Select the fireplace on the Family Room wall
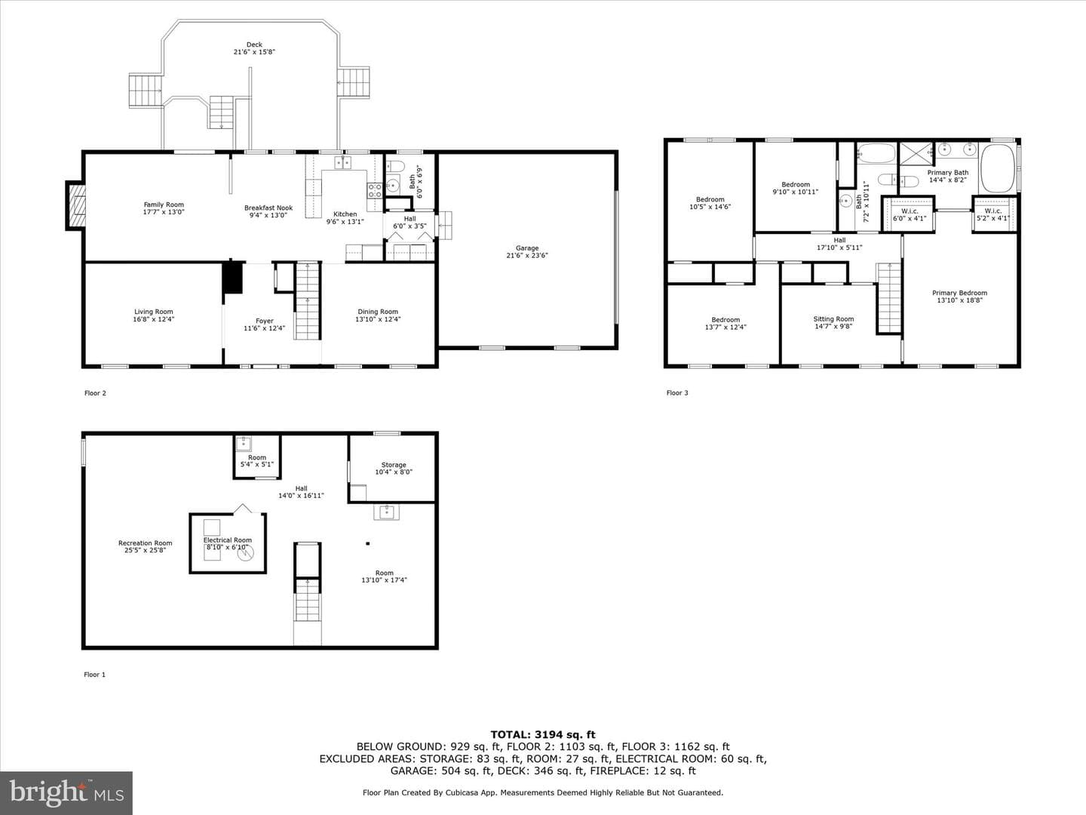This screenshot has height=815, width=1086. coord(75,206)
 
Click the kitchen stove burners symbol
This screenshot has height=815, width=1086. coord(374,190)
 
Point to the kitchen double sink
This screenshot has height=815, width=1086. coord(342,161)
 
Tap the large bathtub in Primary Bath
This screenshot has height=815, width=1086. coord(998,168)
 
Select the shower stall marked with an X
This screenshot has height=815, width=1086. coord(916,153)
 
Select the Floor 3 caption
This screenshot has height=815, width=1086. coord(676,393)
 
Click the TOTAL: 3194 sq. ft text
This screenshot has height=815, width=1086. coord(543,735)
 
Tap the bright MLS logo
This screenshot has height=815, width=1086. coord(66,793)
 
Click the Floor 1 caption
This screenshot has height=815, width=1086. coord(94,675)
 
